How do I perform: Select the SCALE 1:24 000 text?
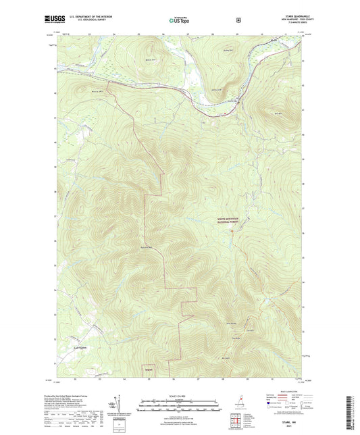[179, 395]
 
